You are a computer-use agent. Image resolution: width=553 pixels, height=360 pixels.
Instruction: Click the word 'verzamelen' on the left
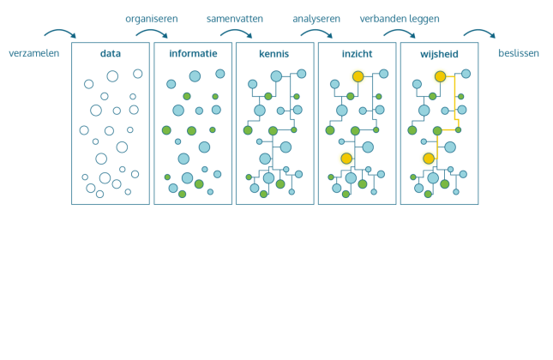(x=33, y=53)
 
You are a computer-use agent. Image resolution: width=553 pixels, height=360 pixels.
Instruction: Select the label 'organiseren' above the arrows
(x=152, y=19)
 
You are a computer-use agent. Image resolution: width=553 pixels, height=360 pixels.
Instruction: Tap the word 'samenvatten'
(x=234, y=19)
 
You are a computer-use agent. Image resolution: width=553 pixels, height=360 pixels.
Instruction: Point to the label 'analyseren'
(x=316, y=19)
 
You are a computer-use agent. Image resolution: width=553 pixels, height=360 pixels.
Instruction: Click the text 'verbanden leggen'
(x=399, y=19)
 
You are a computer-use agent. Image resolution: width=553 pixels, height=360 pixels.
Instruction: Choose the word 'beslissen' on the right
(x=518, y=53)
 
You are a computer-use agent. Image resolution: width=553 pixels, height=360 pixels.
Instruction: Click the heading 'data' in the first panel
(x=111, y=53)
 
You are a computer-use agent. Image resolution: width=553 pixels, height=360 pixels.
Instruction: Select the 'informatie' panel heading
(x=193, y=53)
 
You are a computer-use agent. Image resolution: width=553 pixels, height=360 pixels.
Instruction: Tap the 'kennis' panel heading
(x=274, y=53)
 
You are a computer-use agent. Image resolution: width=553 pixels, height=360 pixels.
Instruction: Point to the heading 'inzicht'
(x=357, y=53)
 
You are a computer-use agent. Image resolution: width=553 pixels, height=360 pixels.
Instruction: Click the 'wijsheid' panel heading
(x=439, y=53)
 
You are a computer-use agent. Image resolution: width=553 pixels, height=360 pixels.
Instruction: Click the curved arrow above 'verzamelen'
(x=60, y=33)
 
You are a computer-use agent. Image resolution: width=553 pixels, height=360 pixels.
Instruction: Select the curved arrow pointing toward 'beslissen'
(x=479, y=33)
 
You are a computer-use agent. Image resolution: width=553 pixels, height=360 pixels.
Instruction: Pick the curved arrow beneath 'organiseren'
(x=152, y=33)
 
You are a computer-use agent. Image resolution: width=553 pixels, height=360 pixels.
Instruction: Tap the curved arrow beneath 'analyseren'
(x=316, y=33)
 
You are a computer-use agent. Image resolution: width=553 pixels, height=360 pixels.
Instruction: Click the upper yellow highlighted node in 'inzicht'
(x=358, y=76)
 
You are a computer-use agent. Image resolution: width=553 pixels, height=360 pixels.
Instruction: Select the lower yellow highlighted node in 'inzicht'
(x=346, y=158)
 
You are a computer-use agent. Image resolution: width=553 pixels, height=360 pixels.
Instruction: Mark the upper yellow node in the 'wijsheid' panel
(x=440, y=76)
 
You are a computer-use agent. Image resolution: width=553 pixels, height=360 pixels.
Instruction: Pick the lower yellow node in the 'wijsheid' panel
(x=428, y=158)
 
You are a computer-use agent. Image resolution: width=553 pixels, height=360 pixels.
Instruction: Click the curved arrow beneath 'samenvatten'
(x=236, y=33)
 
